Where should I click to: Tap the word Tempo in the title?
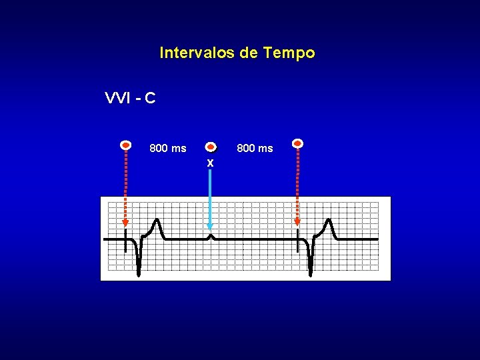pos(289,53)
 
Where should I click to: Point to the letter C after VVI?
pos(150,99)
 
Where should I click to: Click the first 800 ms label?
pos(168,148)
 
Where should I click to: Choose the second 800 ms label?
pos(255,148)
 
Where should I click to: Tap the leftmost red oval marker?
pos(125,144)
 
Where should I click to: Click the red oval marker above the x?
pos(211,147)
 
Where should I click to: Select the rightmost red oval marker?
pos(298,143)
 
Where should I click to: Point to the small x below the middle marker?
pos(210,163)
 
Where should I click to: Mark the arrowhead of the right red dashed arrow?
pos(298,223)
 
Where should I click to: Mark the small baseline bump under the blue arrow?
pos(211,236)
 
